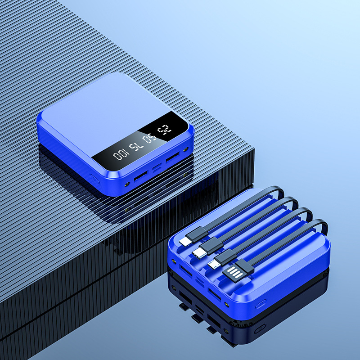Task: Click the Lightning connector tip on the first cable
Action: tap(185, 242)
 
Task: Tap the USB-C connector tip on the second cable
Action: tap(198, 253)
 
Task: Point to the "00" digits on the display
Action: tap(121, 153)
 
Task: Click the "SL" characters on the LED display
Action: tap(136, 146)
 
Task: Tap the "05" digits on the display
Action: tap(150, 138)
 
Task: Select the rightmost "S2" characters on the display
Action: tap(164, 130)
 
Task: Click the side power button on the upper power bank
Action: tap(94, 179)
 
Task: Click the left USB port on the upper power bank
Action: tap(140, 176)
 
